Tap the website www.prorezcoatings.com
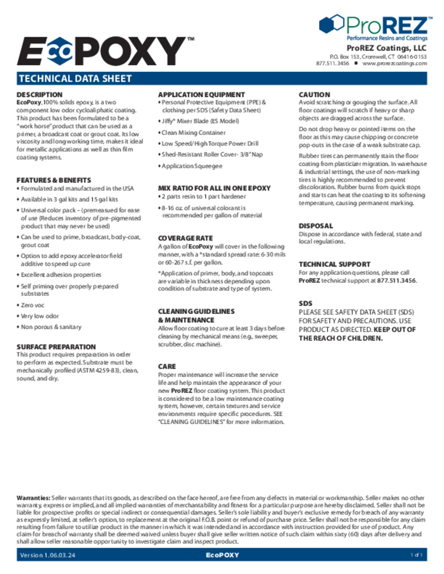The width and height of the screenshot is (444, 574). point(394,64)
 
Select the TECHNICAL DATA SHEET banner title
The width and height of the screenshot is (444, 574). point(75,79)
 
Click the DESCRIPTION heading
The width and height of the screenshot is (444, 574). point(40,95)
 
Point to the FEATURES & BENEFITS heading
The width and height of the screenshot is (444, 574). point(54,180)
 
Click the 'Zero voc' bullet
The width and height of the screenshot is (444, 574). point(33,305)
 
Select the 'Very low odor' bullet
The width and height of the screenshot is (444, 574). point(40,316)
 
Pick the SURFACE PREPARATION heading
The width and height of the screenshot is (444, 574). point(56,347)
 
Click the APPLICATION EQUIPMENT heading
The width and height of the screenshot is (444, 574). point(201,95)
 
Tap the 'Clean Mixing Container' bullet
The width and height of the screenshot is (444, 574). point(194,133)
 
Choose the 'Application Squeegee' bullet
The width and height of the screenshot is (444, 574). point(192,166)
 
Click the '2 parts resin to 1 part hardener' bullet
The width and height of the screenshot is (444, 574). point(203,197)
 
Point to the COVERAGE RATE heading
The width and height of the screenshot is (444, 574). point(185,238)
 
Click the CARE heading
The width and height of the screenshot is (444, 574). point(167,367)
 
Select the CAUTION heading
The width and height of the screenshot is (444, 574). point(314,95)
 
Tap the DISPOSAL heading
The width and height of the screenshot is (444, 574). point(316,226)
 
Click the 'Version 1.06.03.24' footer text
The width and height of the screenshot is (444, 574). point(48,555)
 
